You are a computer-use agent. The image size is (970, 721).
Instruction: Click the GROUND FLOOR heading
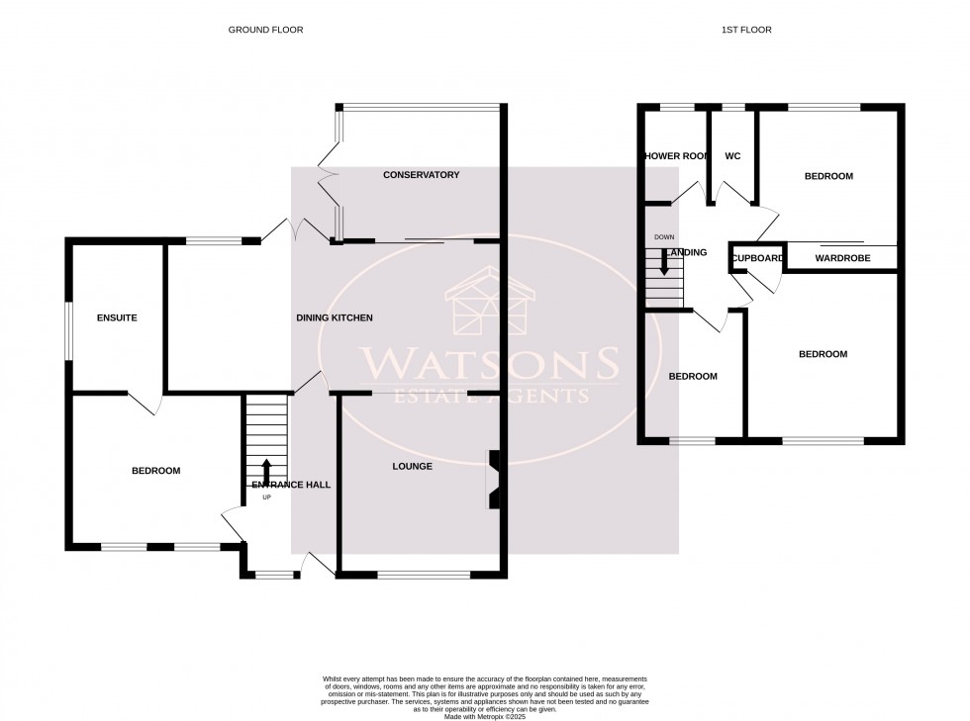coord(265,30)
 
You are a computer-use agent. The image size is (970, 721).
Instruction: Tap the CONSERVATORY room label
coord(422,175)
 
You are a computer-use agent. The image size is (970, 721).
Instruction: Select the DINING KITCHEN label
coord(335,317)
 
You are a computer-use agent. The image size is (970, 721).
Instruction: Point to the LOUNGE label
coord(412,466)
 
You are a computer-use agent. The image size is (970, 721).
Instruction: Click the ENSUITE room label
coord(116,317)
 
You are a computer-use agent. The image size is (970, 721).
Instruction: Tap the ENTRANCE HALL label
coord(291,485)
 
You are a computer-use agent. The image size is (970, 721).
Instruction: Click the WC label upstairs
coord(732,156)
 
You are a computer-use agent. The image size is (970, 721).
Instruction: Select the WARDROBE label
coord(841,259)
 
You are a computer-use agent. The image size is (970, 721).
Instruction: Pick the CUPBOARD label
coord(758,259)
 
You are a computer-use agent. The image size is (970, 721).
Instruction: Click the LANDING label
coord(687,252)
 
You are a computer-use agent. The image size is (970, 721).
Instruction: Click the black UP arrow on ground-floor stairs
coord(265,472)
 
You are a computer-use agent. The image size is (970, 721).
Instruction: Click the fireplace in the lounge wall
coord(493,481)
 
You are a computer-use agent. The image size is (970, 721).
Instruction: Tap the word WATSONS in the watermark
coord(488,364)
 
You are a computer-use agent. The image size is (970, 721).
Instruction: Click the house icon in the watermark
coord(490,301)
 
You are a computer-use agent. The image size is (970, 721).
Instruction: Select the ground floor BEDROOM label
coord(156,471)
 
